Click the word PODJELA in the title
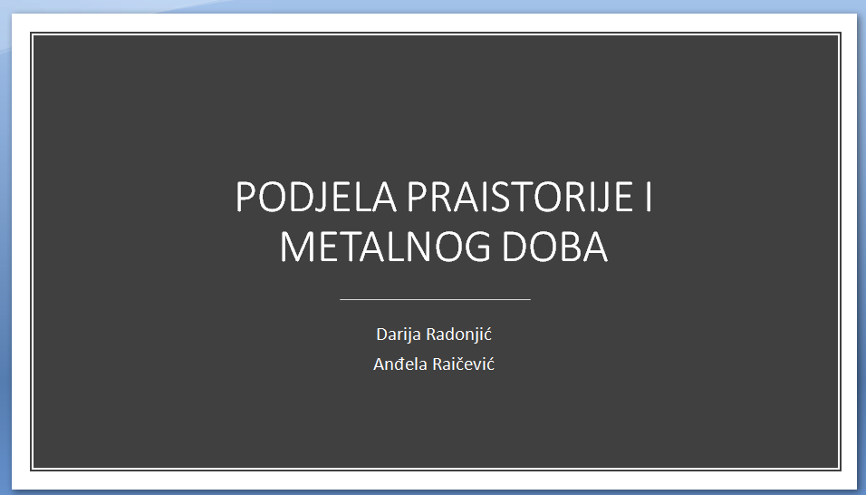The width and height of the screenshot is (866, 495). [316, 197]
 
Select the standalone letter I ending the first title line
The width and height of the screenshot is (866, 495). [648, 197]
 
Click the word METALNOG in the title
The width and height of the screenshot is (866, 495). [385, 247]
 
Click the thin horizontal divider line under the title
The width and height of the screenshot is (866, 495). [435, 299]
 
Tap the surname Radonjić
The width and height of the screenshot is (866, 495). [459, 335]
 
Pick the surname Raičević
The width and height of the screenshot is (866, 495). [464, 364]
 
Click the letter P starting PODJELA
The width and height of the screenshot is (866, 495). [245, 197]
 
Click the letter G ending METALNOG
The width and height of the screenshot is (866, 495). [475, 247]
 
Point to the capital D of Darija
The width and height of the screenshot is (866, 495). [381, 335]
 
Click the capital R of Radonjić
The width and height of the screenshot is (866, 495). [431, 335]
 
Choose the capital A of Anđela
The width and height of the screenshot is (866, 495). [379, 364]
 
